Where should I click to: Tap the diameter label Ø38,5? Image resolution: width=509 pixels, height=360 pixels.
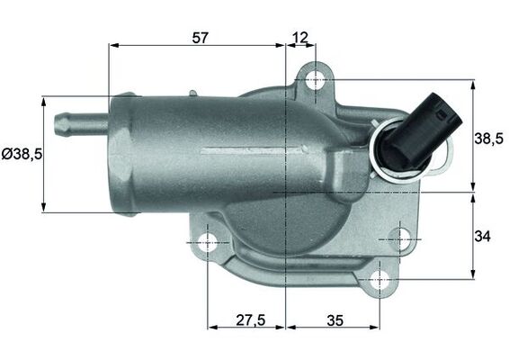pos(22,154)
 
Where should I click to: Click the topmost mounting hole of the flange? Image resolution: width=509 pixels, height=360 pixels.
pos(315,80)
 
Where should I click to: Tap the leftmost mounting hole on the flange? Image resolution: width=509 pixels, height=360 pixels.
pos(208,242)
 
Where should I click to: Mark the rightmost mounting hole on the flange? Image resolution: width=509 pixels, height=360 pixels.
pos(402,239)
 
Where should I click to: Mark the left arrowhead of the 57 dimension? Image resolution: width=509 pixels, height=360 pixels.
pos(112,45)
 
